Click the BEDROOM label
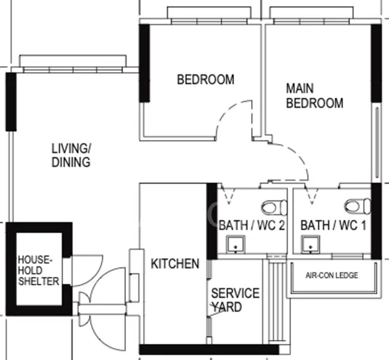(206, 79)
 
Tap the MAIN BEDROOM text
(315, 96)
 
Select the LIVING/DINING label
(71, 155)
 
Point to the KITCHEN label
(175, 263)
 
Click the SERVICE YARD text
(235, 300)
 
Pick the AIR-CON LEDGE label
(331, 275)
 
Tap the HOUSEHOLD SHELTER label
(38, 271)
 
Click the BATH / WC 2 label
(252, 226)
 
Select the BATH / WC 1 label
(333, 226)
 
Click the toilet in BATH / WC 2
(274, 208)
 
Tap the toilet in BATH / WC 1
(357, 206)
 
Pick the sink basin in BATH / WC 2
(236, 244)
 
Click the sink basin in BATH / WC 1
(310, 244)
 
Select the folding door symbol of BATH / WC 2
(228, 195)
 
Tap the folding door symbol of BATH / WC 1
(312, 195)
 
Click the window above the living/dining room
(73, 64)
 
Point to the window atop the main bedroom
(311, 16)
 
